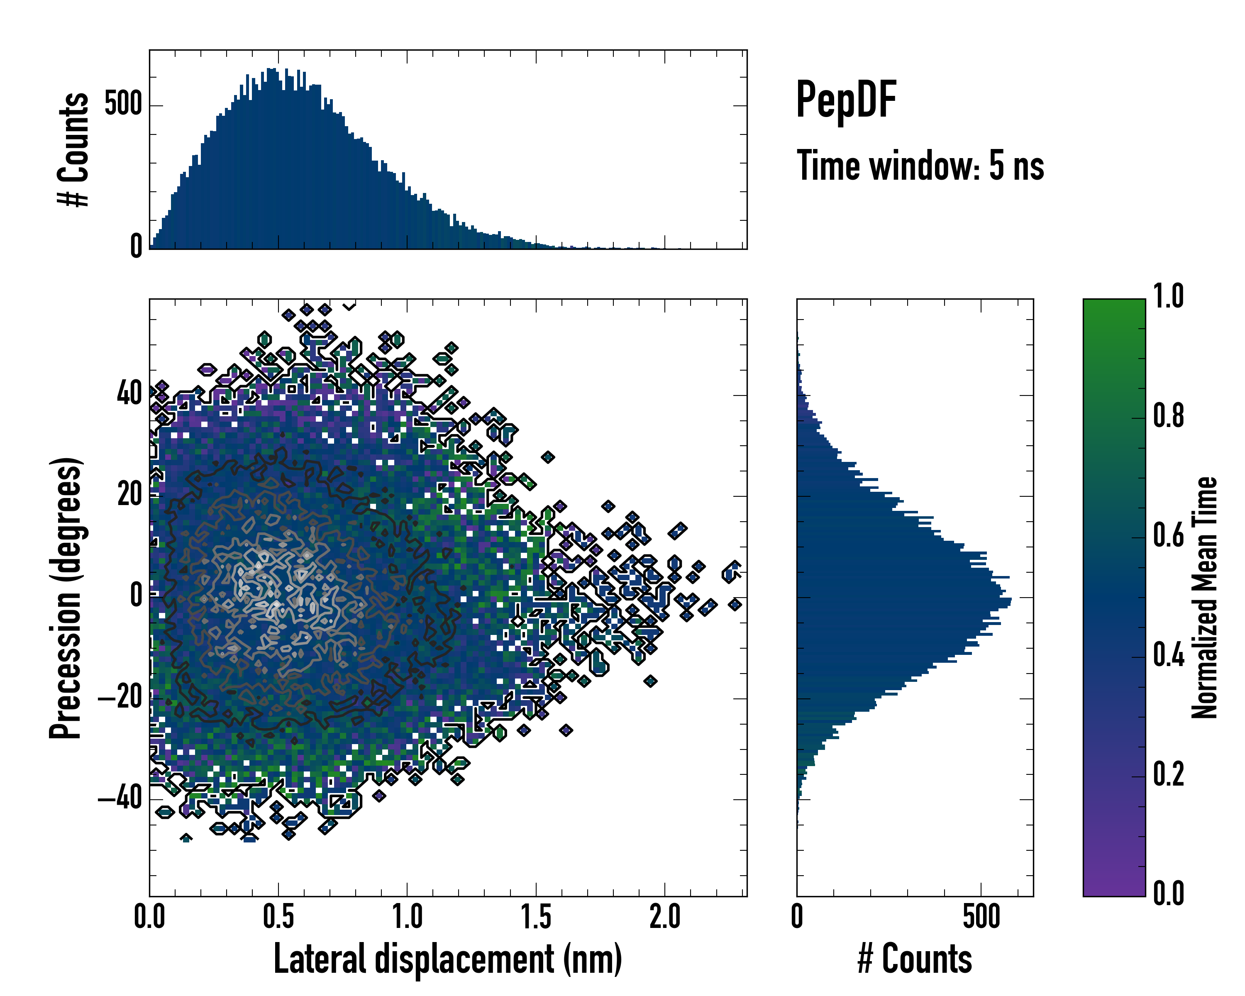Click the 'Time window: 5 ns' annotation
920,166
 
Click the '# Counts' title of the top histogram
74,149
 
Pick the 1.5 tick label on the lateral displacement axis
536,916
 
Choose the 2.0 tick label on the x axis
665,916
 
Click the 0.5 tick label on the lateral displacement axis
278,916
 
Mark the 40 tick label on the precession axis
129,395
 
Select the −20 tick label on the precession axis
120,698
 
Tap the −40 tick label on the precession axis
120,799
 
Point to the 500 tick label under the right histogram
981,916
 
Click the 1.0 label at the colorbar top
1168,297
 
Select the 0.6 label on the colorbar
1168,536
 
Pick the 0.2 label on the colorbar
1168,775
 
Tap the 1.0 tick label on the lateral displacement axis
407,916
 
